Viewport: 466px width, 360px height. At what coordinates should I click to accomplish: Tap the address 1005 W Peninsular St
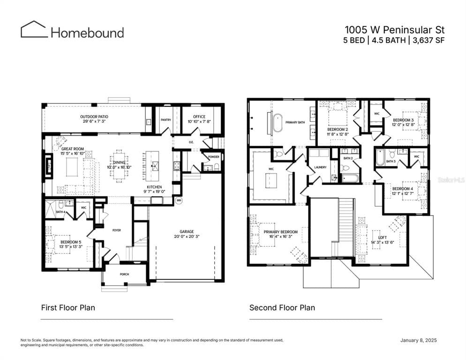click(x=394, y=29)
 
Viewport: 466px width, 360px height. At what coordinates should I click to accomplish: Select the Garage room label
click(x=187, y=232)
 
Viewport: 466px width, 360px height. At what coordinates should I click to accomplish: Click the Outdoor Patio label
click(x=94, y=116)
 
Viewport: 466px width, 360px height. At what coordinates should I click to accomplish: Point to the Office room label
click(x=200, y=116)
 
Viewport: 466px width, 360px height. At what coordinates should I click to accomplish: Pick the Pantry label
click(x=165, y=120)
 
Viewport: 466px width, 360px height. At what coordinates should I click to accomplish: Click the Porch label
click(x=124, y=274)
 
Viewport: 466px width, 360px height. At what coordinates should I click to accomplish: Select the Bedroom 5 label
click(x=70, y=242)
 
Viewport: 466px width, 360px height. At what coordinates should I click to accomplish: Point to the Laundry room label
click(x=320, y=166)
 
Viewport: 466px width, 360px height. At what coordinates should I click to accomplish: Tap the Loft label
click(x=376, y=238)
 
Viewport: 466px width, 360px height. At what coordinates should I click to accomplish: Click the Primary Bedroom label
click(x=280, y=232)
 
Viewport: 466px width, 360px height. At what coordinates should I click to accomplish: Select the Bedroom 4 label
click(x=402, y=188)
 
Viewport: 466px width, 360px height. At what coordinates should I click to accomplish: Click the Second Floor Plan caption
click(x=282, y=307)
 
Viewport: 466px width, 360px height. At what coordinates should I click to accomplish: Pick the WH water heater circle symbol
click(x=179, y=200)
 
